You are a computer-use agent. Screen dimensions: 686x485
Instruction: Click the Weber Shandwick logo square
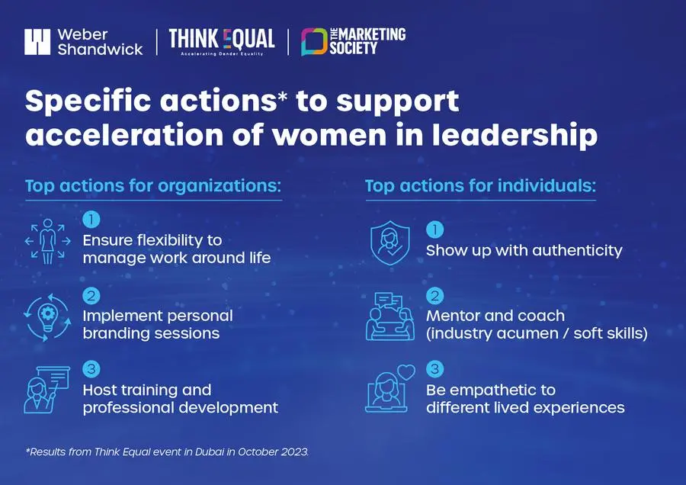click(37, 42)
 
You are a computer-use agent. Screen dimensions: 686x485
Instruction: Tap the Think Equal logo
click(222, 42)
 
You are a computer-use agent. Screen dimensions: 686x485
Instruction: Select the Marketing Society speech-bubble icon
click(314, 42)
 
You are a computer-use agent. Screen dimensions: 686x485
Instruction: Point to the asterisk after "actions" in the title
click(283, 96)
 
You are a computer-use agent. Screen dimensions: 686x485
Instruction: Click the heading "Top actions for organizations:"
click(153, 185)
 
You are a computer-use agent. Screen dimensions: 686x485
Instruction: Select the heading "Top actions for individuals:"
click(480, 185)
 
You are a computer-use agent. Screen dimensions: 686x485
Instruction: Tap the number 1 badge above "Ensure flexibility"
click(91, 220)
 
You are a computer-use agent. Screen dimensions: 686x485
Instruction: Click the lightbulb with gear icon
click(47, 317)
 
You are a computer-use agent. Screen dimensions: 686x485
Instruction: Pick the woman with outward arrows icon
click(48, 241)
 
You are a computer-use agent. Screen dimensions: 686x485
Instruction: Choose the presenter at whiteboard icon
click(46, 390)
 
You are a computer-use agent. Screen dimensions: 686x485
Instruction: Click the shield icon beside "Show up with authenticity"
click(389, 243)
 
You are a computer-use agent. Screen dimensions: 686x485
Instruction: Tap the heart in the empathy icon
click(406, 372)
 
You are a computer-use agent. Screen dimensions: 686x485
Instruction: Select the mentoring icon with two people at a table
click(389, 316)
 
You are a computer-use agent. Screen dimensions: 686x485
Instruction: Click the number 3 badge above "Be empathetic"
click(435, 368)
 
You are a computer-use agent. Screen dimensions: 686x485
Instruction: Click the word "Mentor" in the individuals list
click(451, 316)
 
